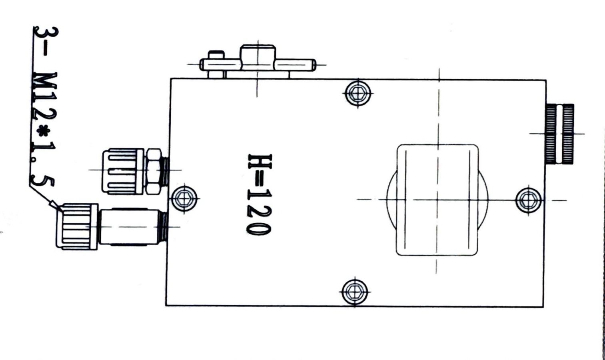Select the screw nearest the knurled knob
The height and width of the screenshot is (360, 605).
click(528, 200)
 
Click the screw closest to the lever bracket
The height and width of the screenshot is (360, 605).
click(358, 93)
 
